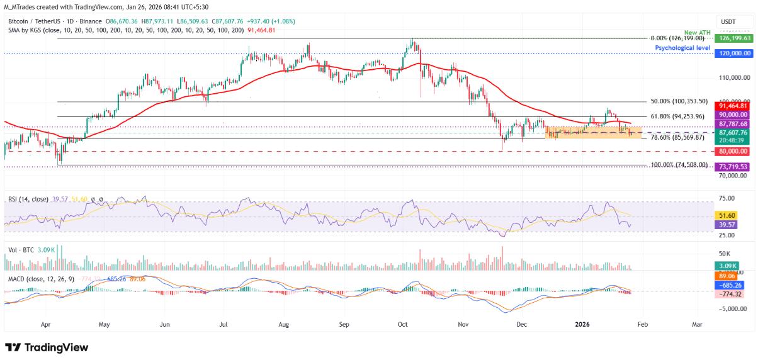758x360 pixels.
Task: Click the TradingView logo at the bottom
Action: point(47,347)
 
